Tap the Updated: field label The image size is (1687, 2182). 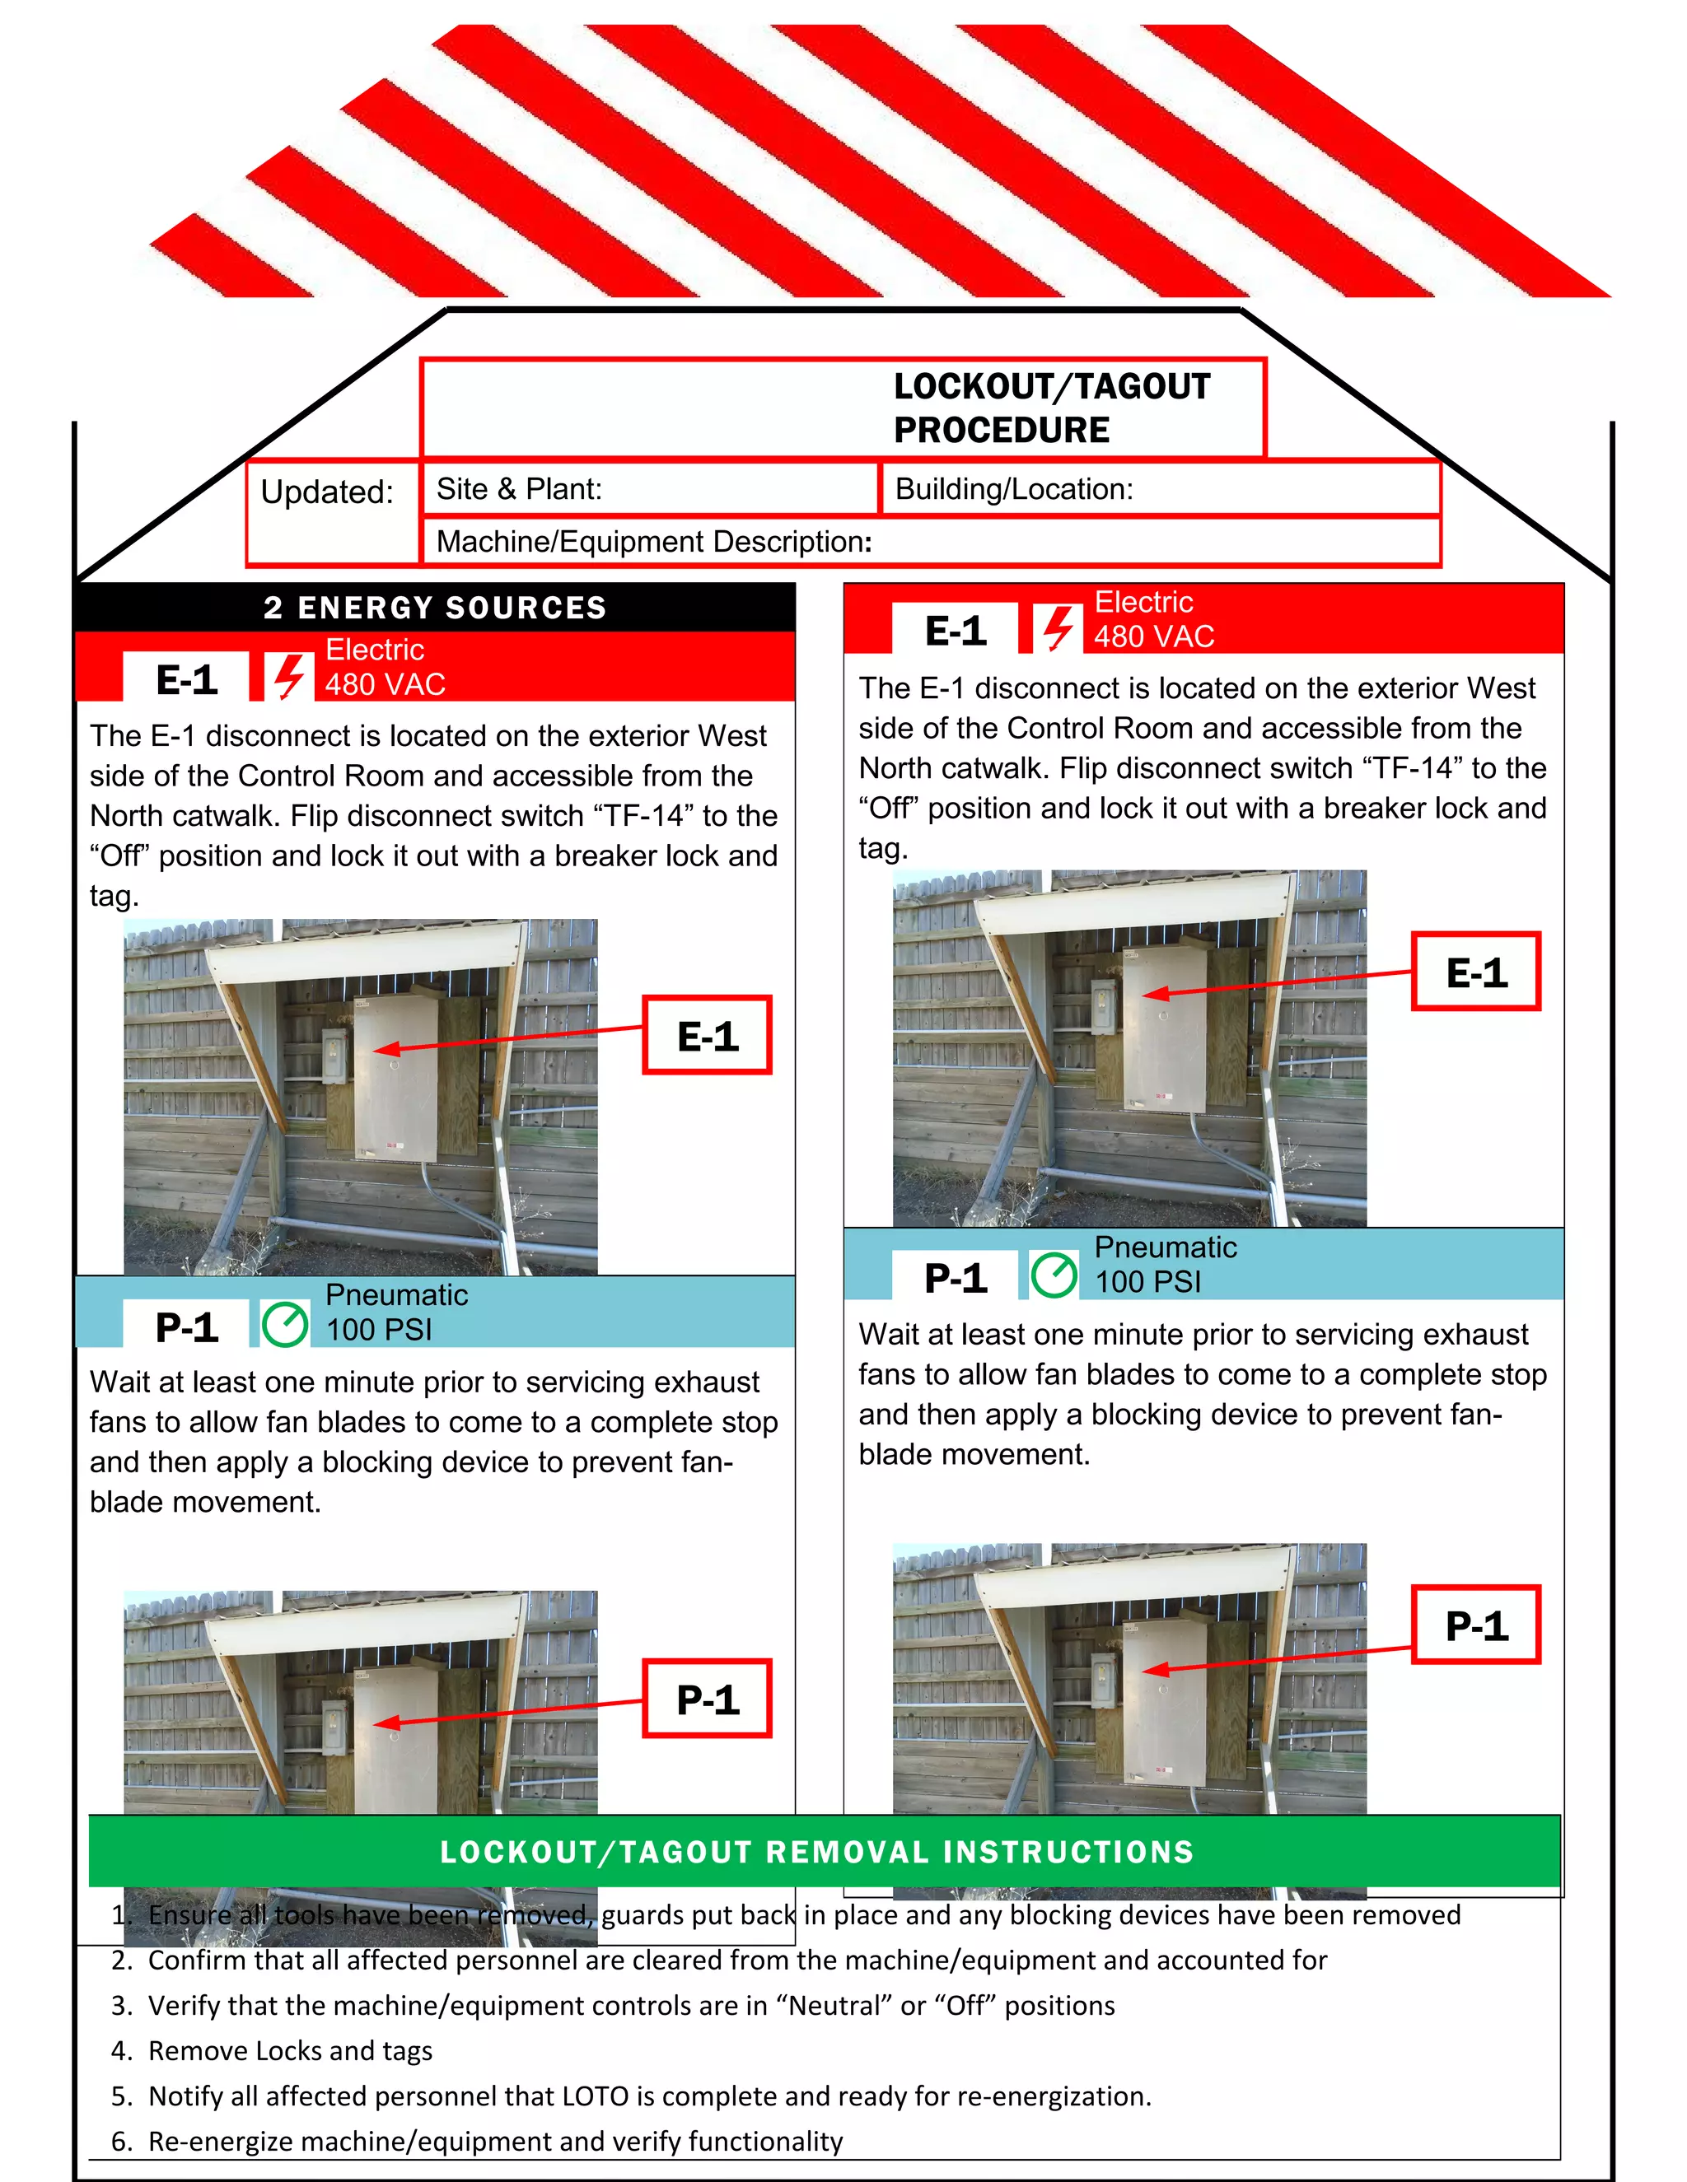327,492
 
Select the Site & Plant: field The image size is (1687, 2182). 519,488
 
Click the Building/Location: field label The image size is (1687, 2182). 1012,488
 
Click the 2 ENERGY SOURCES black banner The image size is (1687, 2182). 435,608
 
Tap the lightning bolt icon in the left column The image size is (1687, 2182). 290,676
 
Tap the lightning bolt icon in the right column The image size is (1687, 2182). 1058,628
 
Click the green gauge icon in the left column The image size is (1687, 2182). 285,1324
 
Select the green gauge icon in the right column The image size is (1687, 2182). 1054,1275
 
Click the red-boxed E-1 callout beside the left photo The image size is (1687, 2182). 707,1035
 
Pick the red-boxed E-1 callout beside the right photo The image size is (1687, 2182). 1475,972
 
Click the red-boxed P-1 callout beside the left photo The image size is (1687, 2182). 707,1699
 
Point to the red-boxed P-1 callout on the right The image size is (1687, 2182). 1475,1625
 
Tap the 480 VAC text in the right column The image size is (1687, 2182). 1153,636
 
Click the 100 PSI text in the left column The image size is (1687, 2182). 379,1330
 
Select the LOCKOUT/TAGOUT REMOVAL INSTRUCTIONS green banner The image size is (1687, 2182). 816,1851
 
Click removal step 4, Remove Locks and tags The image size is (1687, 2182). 290,2050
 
